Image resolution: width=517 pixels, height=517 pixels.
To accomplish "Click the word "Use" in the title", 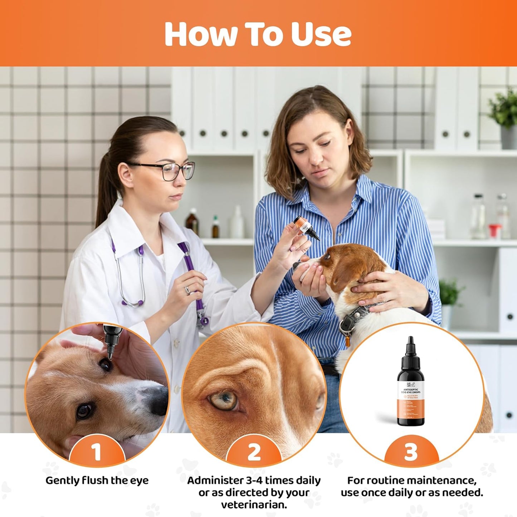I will click(x=321, y=34).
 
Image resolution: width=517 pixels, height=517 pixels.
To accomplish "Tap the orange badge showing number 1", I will click(x=97, y=452).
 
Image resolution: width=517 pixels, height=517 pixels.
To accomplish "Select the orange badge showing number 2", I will click(x=254, y=452).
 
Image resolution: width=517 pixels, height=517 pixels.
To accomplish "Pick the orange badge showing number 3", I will click(x=411, y=452).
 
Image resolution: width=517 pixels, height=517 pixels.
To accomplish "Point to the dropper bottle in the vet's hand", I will click(x=306, y=229).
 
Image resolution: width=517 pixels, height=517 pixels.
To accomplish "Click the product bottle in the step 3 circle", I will click(x=410, y=383).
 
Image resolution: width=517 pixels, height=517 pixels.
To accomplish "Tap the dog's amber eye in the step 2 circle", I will click(x=224, y=400).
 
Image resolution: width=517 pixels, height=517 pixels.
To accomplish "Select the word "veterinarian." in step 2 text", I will click(x=254, y=504).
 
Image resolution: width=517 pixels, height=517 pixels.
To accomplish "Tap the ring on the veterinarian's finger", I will click(x=187, y=290).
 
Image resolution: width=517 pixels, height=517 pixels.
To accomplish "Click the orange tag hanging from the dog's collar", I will click(x=346, y=342).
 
